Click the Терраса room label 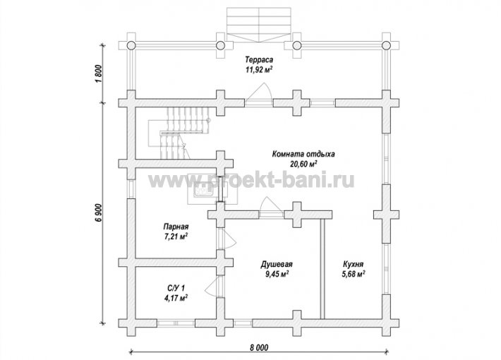pos(259,59)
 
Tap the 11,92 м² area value pos(259,70)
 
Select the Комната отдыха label pos(303,154)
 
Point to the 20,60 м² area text pos(303,164)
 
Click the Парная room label pos(176,227)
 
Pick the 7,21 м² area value pos(176,237)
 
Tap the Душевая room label pos(277,265)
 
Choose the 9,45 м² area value pos(277,275)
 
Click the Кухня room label pos(354,265)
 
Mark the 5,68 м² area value pos(354,275)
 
